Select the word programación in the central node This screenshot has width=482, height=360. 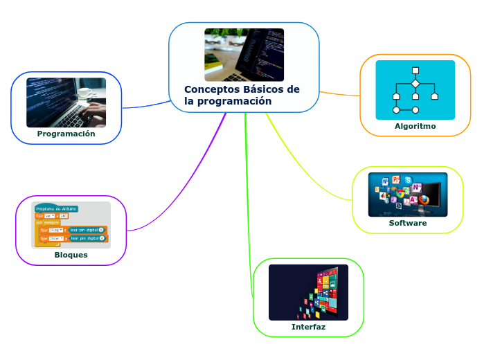click(237, 101)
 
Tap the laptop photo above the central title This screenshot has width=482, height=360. click(244, 55)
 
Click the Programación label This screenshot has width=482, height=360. click(66, 134)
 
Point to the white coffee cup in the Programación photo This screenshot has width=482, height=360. click(86, 93)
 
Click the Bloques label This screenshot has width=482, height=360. click(71, 255)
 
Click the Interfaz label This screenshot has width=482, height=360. click(308, 327)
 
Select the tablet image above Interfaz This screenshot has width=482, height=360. click(308, 292)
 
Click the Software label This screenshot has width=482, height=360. click(407, 224)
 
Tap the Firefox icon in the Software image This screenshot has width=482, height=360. click(424, 200)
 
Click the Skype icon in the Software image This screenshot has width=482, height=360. click(409, 181)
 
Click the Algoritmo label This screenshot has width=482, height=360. click(415, 126)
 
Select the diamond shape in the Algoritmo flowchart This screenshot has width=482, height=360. click(416, 84)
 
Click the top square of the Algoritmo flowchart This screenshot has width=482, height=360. click(416, 70)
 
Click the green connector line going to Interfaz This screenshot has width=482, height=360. click(248, 208)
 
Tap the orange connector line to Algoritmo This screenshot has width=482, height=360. click(339, 93)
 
